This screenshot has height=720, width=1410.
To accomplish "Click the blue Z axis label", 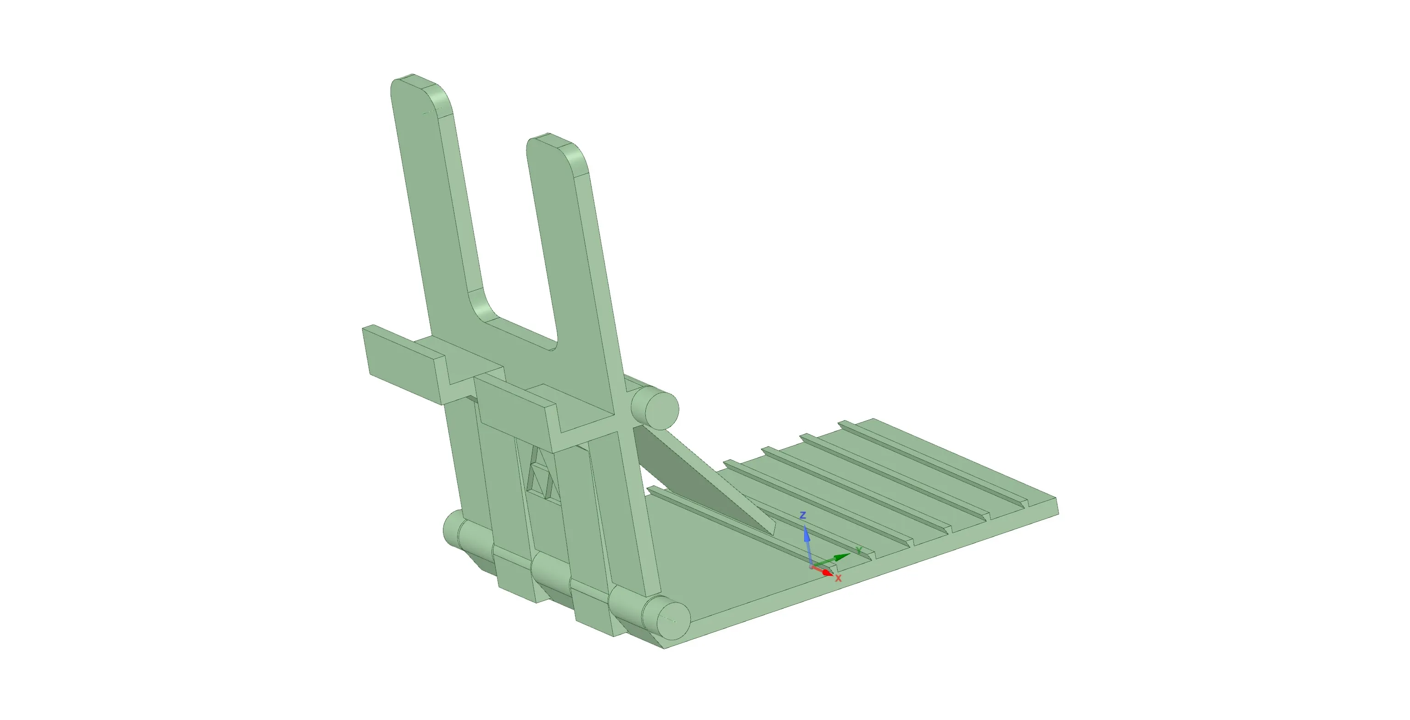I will (x=803, y=516).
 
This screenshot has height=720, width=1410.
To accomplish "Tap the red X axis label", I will (x=838, y=578).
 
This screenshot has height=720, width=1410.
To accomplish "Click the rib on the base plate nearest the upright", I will (x=711, y=515).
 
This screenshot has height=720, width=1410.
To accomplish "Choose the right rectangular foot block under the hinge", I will (x=597, y=613).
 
